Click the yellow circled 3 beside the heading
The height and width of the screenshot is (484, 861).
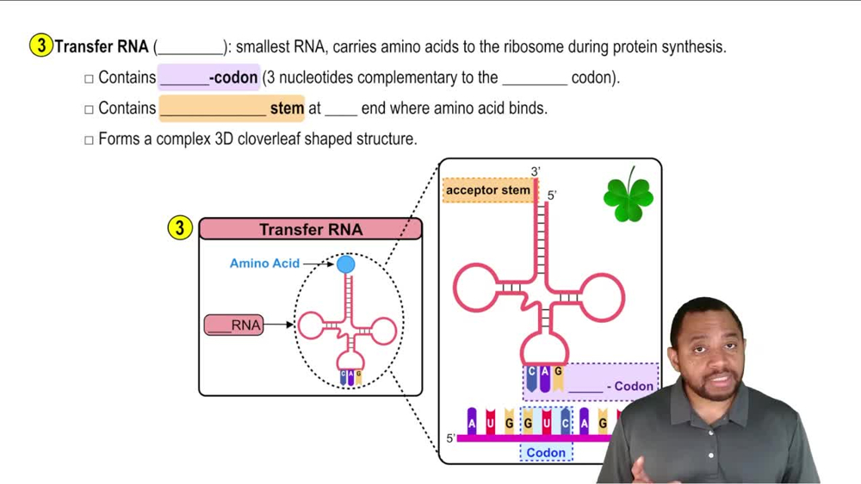click(x=40, y=46)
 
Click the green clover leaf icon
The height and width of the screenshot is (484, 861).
click(x=629, y=197)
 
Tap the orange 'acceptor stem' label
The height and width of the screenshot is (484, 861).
click(x=488, y=189)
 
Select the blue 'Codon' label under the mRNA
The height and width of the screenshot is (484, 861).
click(x=546, y=452)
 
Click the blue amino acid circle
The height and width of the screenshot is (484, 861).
click(x=345, y=264)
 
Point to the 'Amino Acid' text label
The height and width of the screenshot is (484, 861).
click(x=264, y=263)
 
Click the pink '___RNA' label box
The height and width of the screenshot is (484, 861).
click(x=234, y=326)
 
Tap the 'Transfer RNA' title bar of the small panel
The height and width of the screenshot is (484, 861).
click(x=311, y=229)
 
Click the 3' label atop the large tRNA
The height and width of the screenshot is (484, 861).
click(x=536, y=172)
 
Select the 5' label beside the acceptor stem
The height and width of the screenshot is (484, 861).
click(x=552, y=195)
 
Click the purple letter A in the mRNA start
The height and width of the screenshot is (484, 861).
click(x=472, y=422)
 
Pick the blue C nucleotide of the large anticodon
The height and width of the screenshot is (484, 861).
click(x=531, y=375)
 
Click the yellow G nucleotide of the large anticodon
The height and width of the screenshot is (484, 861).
click(x=558, y=375)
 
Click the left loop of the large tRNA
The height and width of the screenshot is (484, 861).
click(x=475, y=289)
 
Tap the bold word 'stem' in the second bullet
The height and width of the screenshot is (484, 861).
click(x=287, y=108)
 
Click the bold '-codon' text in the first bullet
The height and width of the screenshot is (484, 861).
click(x=233, y=78)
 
